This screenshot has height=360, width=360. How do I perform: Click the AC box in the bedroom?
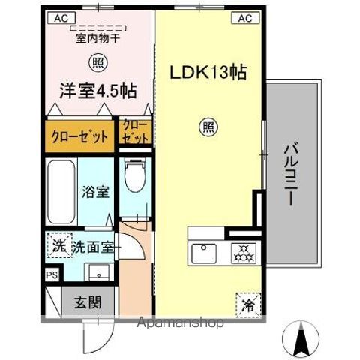click(x=61, y=18)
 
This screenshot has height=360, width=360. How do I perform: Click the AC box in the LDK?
click(x=246, y=18)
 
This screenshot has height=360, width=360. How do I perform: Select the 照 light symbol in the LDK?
click(x=208, y=127)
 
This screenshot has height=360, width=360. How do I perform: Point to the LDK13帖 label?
click(x=208, y=73)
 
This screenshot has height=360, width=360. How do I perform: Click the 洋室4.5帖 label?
click(x=98, y=91)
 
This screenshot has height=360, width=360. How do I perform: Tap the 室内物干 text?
click(x=98, y=38)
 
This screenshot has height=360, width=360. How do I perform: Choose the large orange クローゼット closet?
click(x=79, y=136)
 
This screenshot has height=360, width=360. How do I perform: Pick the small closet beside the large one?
click(x=135, y=132)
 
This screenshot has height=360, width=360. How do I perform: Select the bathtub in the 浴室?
click(x=61, y=192)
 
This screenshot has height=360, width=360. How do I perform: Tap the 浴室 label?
click(x=95, y=192)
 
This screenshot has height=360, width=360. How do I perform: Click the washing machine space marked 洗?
click(x=59, y=245)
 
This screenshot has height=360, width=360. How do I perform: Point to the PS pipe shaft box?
click(x=52, y=275)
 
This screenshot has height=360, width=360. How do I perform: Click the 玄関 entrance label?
click(x=88, y=302)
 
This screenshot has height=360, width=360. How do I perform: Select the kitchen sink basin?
click(x=204, y=253)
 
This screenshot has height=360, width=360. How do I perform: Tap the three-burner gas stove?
click(x=244, y=253)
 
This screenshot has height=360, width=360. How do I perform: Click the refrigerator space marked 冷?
click(x=248, y=305)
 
